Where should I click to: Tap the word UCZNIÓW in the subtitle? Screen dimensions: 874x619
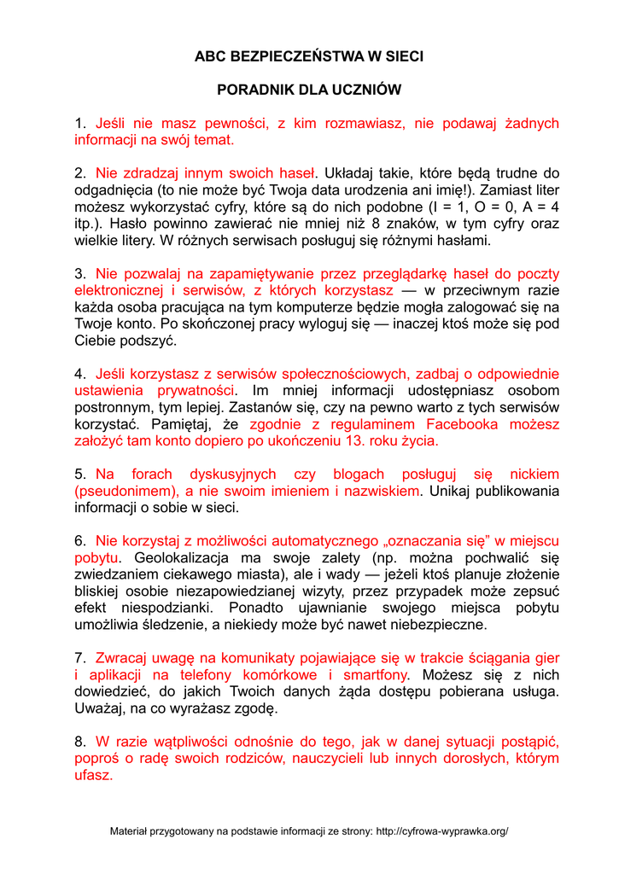pos(369,90)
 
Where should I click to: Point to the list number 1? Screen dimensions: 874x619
pos(79,124)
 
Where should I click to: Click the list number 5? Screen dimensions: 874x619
pos(79,474)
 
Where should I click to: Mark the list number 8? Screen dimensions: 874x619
pos(79,741)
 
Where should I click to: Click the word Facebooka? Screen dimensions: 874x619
pos(468,424)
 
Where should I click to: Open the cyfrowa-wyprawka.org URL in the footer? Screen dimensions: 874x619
pos(441,831)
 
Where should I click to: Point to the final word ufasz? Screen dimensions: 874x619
pos(93,775)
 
